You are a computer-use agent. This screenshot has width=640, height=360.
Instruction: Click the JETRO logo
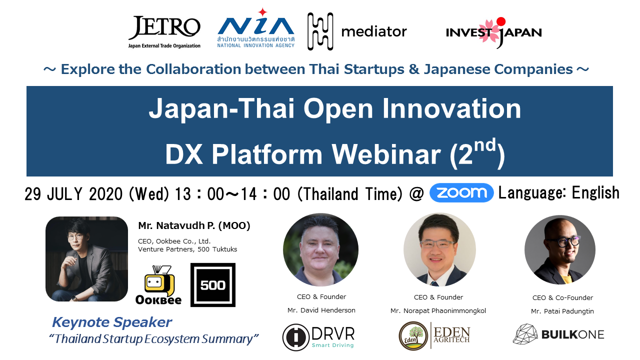[164, 32]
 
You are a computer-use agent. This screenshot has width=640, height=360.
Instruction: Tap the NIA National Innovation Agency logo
[256, 28]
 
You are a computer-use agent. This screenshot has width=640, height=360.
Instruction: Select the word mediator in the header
[374, 31]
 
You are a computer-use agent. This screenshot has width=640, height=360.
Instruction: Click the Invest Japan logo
[493, 32]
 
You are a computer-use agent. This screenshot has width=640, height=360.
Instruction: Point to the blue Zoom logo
[461, 193]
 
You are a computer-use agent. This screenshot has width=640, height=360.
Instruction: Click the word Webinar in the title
[386, 154]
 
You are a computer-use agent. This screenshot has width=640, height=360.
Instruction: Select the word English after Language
[595, 193]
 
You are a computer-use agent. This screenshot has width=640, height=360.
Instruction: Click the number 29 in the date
[33, 194]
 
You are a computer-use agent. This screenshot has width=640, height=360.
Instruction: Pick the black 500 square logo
[213, 285]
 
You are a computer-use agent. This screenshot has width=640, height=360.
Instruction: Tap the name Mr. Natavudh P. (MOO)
[194, 225]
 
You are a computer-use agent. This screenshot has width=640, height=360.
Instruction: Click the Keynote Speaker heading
[111, 322]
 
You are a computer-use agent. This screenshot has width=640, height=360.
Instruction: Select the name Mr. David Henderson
[321, 310]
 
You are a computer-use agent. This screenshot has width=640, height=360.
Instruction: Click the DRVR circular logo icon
[295, 337]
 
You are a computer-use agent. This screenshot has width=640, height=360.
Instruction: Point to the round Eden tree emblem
[413, 336]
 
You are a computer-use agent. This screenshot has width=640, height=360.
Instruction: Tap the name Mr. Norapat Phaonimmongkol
[438, 311]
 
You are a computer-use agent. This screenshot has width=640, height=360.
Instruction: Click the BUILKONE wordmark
[572, 334]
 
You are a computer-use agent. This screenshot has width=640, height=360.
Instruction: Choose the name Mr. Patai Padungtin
[562, 311]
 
